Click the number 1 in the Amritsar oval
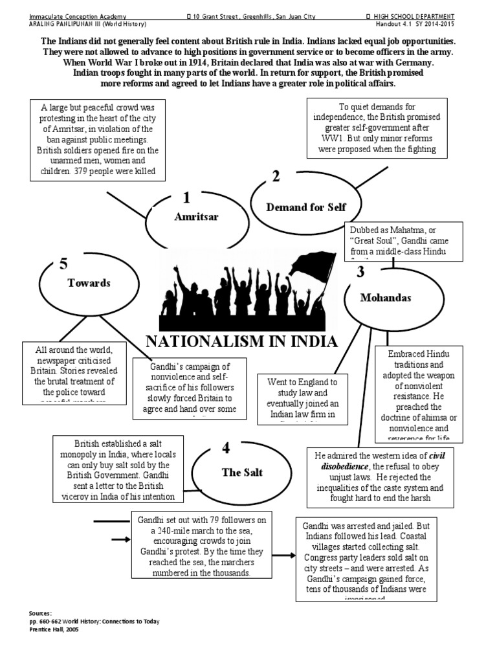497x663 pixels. [186, 197]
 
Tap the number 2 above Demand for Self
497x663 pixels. [276, 176]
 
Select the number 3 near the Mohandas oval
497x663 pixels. [360, 272]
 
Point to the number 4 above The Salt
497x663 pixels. [225, 448]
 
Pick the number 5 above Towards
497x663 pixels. [63, 263]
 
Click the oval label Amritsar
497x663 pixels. [192, 217]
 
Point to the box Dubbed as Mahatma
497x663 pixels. [404, 241]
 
